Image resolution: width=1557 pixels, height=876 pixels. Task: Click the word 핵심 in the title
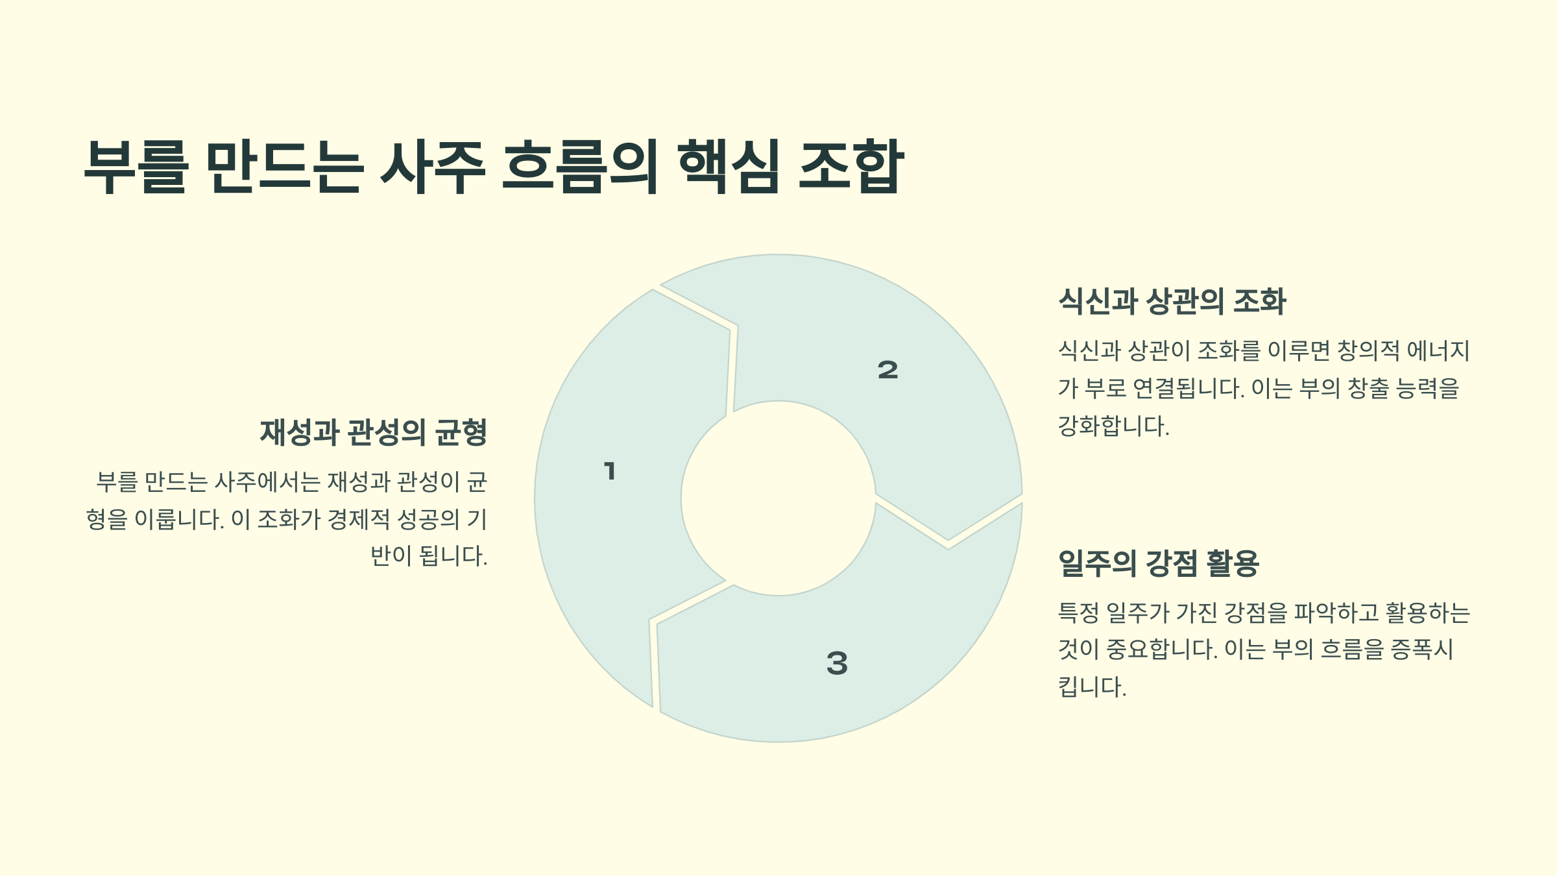coord(728,167)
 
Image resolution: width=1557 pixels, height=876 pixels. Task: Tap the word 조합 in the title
coord(851,167)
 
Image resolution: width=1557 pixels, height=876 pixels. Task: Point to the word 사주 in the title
coord(433,167)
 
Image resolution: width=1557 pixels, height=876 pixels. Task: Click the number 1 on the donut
coord(609,471)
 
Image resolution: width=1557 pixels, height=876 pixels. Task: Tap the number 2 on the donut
coord(887,370)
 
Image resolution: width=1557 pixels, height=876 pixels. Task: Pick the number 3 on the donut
coord(837,663)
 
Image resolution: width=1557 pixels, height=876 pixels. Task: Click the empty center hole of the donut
coord(779,498)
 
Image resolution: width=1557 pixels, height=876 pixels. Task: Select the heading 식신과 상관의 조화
coord(1172,302)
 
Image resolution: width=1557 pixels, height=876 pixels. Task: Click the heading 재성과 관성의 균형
coord(373,433)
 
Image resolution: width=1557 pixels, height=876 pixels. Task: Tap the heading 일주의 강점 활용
coord(1158,563)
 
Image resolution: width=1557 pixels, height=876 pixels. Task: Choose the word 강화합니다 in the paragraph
coord(1113,426)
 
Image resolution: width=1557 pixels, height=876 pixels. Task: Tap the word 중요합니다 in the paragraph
coord(1161,650)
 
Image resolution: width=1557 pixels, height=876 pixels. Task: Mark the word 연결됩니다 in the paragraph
coord(1188,389)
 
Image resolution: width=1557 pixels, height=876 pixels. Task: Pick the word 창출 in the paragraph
coord(1368,389)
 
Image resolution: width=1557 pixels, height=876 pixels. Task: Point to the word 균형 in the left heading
coord(461,433)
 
